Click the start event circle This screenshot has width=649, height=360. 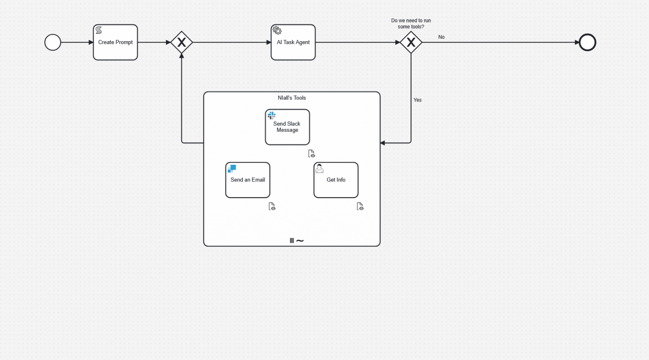[53, 42]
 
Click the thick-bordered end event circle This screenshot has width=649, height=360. [587, 42]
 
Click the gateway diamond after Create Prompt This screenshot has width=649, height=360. [182, 42]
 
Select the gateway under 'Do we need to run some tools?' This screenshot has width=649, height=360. [411, 42]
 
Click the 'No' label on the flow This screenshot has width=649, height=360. [441, 37]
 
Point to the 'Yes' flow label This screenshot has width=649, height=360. [417, 100]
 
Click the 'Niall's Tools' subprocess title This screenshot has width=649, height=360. [292, 98]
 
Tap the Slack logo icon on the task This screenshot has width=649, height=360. [272, 115]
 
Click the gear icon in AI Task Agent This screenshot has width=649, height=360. [277, 31]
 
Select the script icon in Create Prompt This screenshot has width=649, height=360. [99, 30]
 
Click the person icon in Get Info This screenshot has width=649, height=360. [320, 169]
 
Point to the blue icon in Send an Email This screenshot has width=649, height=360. [232, 169]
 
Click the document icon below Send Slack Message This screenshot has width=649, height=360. [311, 154]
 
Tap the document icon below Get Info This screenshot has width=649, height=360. [360, 206]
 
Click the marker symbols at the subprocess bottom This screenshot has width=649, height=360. [297, 241]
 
